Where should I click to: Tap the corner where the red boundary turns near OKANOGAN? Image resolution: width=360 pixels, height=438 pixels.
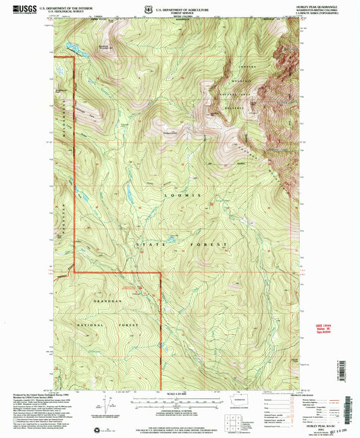[x=161, y=273]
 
